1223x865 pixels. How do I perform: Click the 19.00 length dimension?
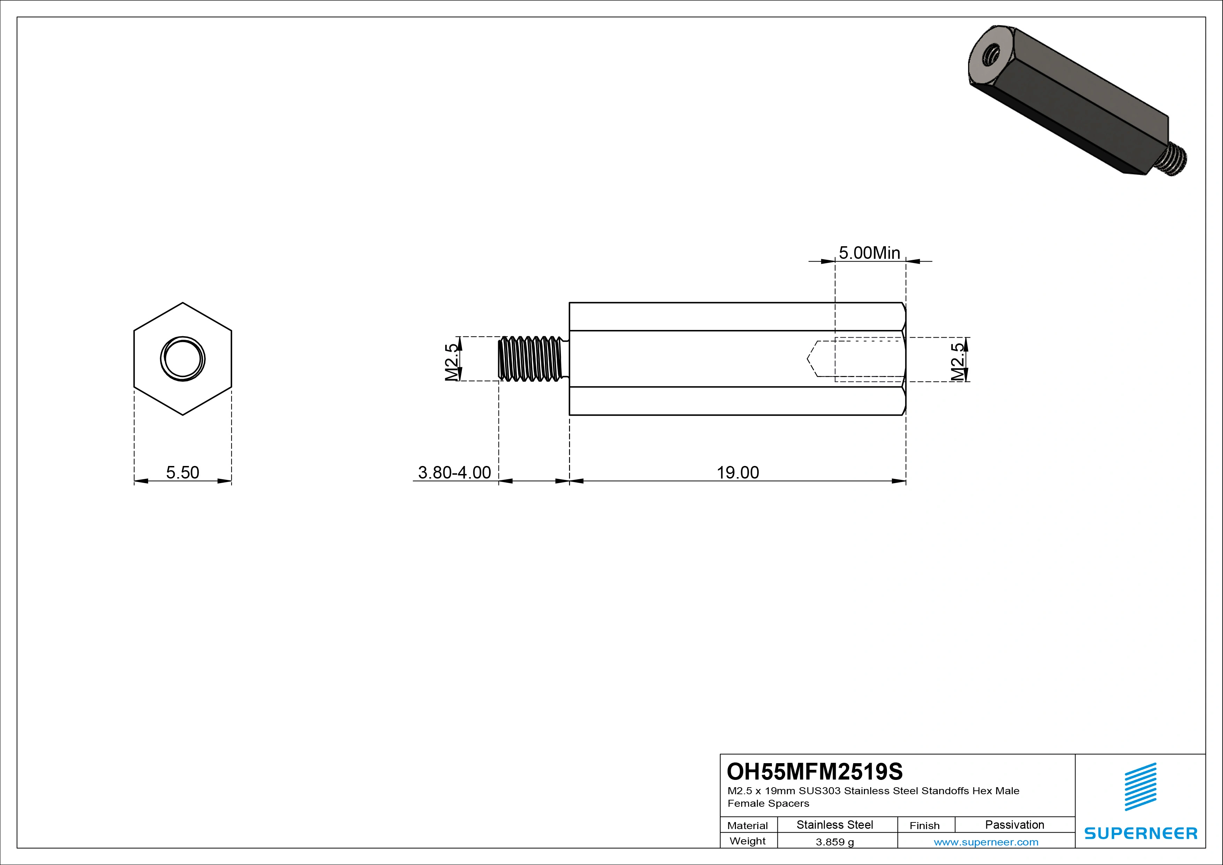[x=737, y=472]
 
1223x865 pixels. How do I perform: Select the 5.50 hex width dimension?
[x=182, y=472]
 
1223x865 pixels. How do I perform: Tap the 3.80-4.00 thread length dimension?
[x=454, y=472]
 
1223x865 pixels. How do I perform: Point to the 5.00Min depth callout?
[x=869, y=253]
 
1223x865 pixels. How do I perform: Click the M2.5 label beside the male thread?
[x=452, y=362]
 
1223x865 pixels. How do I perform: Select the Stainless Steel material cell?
[x=835, y=825]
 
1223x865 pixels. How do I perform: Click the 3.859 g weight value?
[x=835, y=842]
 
